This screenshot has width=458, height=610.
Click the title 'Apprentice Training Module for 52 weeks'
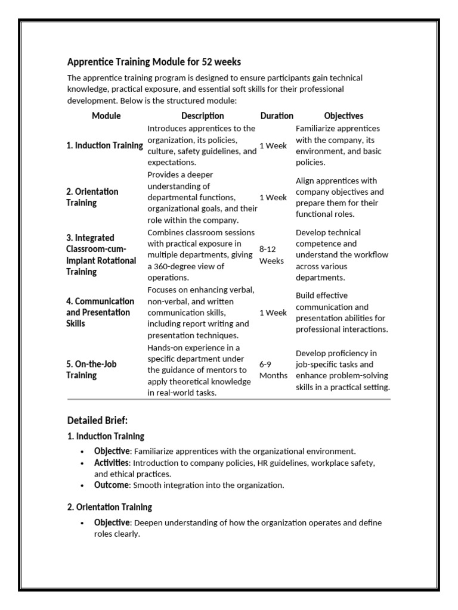(154, 62)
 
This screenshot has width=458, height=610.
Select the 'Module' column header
(106, 116)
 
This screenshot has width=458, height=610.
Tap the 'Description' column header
(203, 116)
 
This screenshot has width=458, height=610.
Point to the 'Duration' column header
(277, 116)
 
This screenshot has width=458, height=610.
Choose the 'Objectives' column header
(343, 116)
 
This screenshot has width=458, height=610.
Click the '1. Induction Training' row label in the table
(104, 145)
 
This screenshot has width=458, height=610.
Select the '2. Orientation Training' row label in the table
(92, 197)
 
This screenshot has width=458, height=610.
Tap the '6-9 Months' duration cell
(273, 370)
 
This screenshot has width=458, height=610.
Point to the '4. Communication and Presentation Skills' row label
(100, 312)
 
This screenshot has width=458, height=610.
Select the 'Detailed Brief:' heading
(97, 421)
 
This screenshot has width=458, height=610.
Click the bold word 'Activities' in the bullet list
(111, 463)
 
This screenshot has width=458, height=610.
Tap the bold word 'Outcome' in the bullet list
(111, 485)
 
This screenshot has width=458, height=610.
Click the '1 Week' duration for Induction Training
(273, 145)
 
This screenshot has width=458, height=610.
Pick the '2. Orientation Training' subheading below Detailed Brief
(109, 507)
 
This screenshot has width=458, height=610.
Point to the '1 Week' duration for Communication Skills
(273, 313)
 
